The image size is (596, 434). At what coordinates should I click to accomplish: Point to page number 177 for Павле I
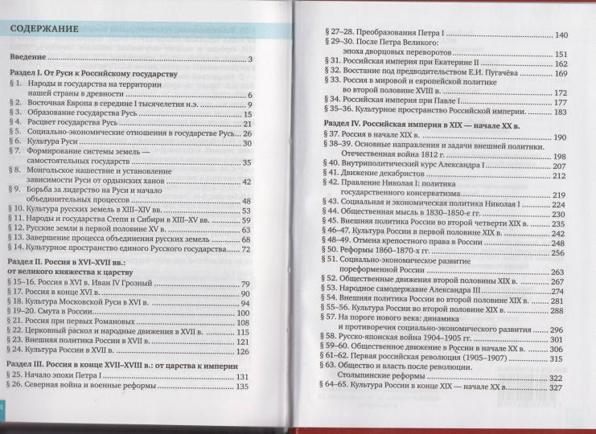(x=561, y=102)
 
